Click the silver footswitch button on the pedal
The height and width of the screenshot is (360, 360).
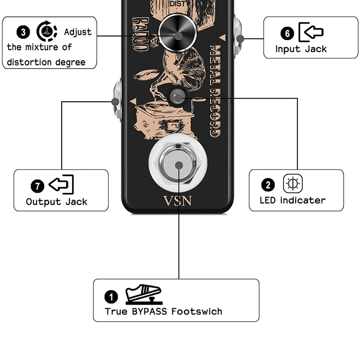point(179,165)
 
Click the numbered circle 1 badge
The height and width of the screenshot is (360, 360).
point(111,297)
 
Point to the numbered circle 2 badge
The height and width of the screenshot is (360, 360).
point(268,184)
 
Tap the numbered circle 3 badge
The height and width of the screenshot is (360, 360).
point(24,32)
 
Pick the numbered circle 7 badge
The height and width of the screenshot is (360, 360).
point(37,185)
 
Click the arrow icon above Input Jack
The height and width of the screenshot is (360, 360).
point(311,31)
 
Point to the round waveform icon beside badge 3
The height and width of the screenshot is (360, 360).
point(47,31)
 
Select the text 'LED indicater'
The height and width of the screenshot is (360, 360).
point(292,200)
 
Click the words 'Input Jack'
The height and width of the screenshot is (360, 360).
point(301,49)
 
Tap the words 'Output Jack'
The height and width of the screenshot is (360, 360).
point(56,202)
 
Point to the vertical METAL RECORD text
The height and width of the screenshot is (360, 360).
point(215,90)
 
